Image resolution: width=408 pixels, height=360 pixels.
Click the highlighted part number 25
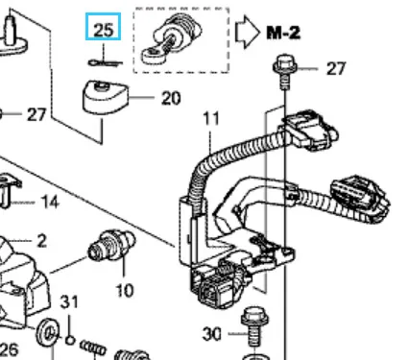coord(103,30)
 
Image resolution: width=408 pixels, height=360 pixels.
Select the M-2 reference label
coord(283,33)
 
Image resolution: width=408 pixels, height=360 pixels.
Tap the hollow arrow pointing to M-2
coord(248,32)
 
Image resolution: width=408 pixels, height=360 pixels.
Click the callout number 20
coord(171,98)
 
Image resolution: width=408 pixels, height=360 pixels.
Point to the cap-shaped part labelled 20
coord(106,96)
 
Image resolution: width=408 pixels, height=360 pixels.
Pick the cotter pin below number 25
coord(105,62)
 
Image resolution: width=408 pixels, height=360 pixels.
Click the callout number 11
coord(211,119)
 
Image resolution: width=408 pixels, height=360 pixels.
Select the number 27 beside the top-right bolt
coord(336,68)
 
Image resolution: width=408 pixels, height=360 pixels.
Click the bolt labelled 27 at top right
coord(285,71)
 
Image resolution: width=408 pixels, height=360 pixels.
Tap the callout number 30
coord(212,334)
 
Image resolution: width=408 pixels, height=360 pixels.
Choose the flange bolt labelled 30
coord(254,327)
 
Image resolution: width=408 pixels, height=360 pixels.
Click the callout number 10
coord(125,291)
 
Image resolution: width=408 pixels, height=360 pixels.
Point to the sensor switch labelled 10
coord(112,245)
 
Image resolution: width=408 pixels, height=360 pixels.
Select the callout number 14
coord(50,203)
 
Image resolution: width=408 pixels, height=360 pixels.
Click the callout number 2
coord(41,241)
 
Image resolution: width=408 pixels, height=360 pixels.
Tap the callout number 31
coord(69,301)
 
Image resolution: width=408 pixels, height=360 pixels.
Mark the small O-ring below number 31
coord(70,340)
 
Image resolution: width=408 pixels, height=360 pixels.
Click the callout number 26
coord(9,349)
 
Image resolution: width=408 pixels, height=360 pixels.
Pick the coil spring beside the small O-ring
coord(92,348)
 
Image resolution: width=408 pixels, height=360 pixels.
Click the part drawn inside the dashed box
coord(172,38)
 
